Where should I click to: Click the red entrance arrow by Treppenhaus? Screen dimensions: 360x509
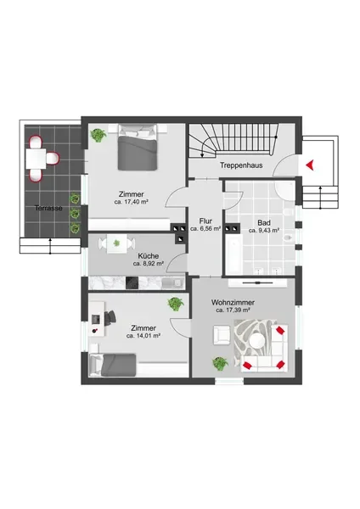click(x=310, y=165)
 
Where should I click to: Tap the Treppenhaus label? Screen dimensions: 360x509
click(x=241, y=165)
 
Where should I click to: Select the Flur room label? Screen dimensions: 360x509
click(x=205, y=221)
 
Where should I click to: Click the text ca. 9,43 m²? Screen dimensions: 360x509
click(x=264, y=231)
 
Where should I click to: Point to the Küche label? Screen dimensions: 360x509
click(x=148, y=256)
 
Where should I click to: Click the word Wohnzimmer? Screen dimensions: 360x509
click(x=233, y=302)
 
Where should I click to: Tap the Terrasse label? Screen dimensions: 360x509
click(x=48, y=208)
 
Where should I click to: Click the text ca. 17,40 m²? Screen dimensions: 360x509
click(x=132, y=202)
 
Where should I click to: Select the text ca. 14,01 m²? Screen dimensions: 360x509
click(x=143, y=336)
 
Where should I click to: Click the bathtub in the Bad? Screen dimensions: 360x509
click(x=233, y=256)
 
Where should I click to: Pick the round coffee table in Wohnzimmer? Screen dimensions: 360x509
click(x=257, y=340)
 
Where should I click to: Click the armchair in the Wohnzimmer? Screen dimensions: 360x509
click(x=222, y=335)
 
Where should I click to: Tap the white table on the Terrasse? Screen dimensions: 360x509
click(x=36, y=158)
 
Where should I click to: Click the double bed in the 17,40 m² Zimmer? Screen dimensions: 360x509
click(x=138, y=148)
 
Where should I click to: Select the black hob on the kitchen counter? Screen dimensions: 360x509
click(x=132, y=283)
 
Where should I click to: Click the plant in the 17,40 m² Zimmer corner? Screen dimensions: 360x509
click(x=98, y=135)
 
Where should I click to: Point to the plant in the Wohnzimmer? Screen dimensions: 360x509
click(x=220, y=363)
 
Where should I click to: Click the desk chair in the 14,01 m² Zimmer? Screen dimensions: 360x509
click(x=110, y=316)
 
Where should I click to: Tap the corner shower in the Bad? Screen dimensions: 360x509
click(x=285, y=189)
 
